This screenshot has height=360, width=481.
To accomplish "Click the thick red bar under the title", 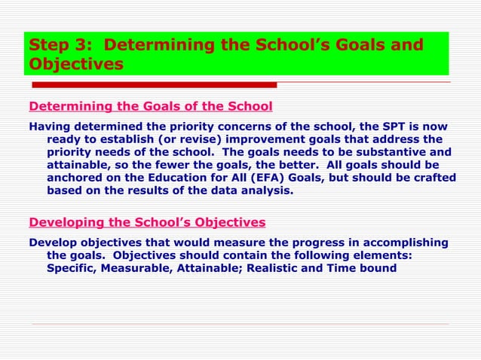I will pyautogui.click(x=151, y=84).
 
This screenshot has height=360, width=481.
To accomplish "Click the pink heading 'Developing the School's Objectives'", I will pyautogui.click(x=146, y=222).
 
